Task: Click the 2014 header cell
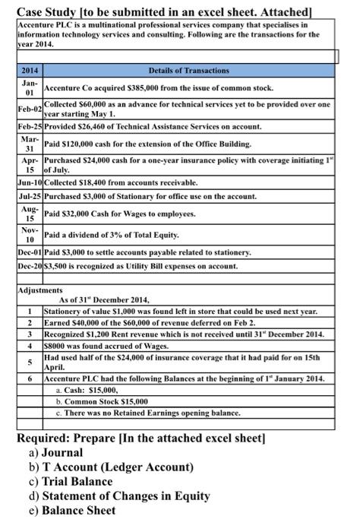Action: coord(29,71)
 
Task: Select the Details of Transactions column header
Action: coord(189,71)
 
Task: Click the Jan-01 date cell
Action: coord(30,87)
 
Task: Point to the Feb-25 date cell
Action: coord(30,126)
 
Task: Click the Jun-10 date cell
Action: coord(30,182)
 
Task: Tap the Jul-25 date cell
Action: coord(30,196)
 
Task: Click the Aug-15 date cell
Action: coord(30,214)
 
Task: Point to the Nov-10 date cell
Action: coord(30,235)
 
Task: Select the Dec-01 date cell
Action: coord(30,252)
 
